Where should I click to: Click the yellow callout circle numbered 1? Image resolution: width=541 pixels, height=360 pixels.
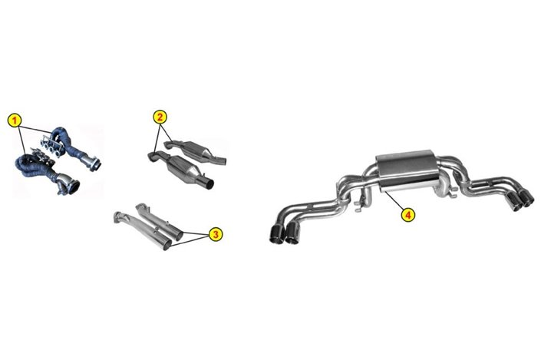point(14,121)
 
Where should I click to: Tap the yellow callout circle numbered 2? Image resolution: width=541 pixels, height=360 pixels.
point(160,117)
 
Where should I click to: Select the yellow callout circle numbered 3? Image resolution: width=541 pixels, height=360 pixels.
point(216,234)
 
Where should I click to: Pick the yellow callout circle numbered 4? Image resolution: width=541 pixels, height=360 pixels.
point(407,215)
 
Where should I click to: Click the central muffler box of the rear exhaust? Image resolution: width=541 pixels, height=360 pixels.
point(404,170)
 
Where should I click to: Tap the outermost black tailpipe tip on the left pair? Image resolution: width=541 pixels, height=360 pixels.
point(276,233)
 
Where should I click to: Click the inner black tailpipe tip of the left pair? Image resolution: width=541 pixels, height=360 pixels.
point(293,233)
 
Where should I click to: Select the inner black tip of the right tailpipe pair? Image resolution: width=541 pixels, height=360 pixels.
point(514,200)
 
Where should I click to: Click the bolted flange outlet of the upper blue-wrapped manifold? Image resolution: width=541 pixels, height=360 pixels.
point(94,163)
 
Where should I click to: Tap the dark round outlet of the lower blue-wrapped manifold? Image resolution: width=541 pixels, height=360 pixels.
point(73,187)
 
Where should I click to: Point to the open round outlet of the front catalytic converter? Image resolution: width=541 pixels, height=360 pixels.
point(209,183)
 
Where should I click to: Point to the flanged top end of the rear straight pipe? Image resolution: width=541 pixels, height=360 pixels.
point(141,206)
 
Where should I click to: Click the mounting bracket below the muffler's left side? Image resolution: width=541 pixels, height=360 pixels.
point(360,203)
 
